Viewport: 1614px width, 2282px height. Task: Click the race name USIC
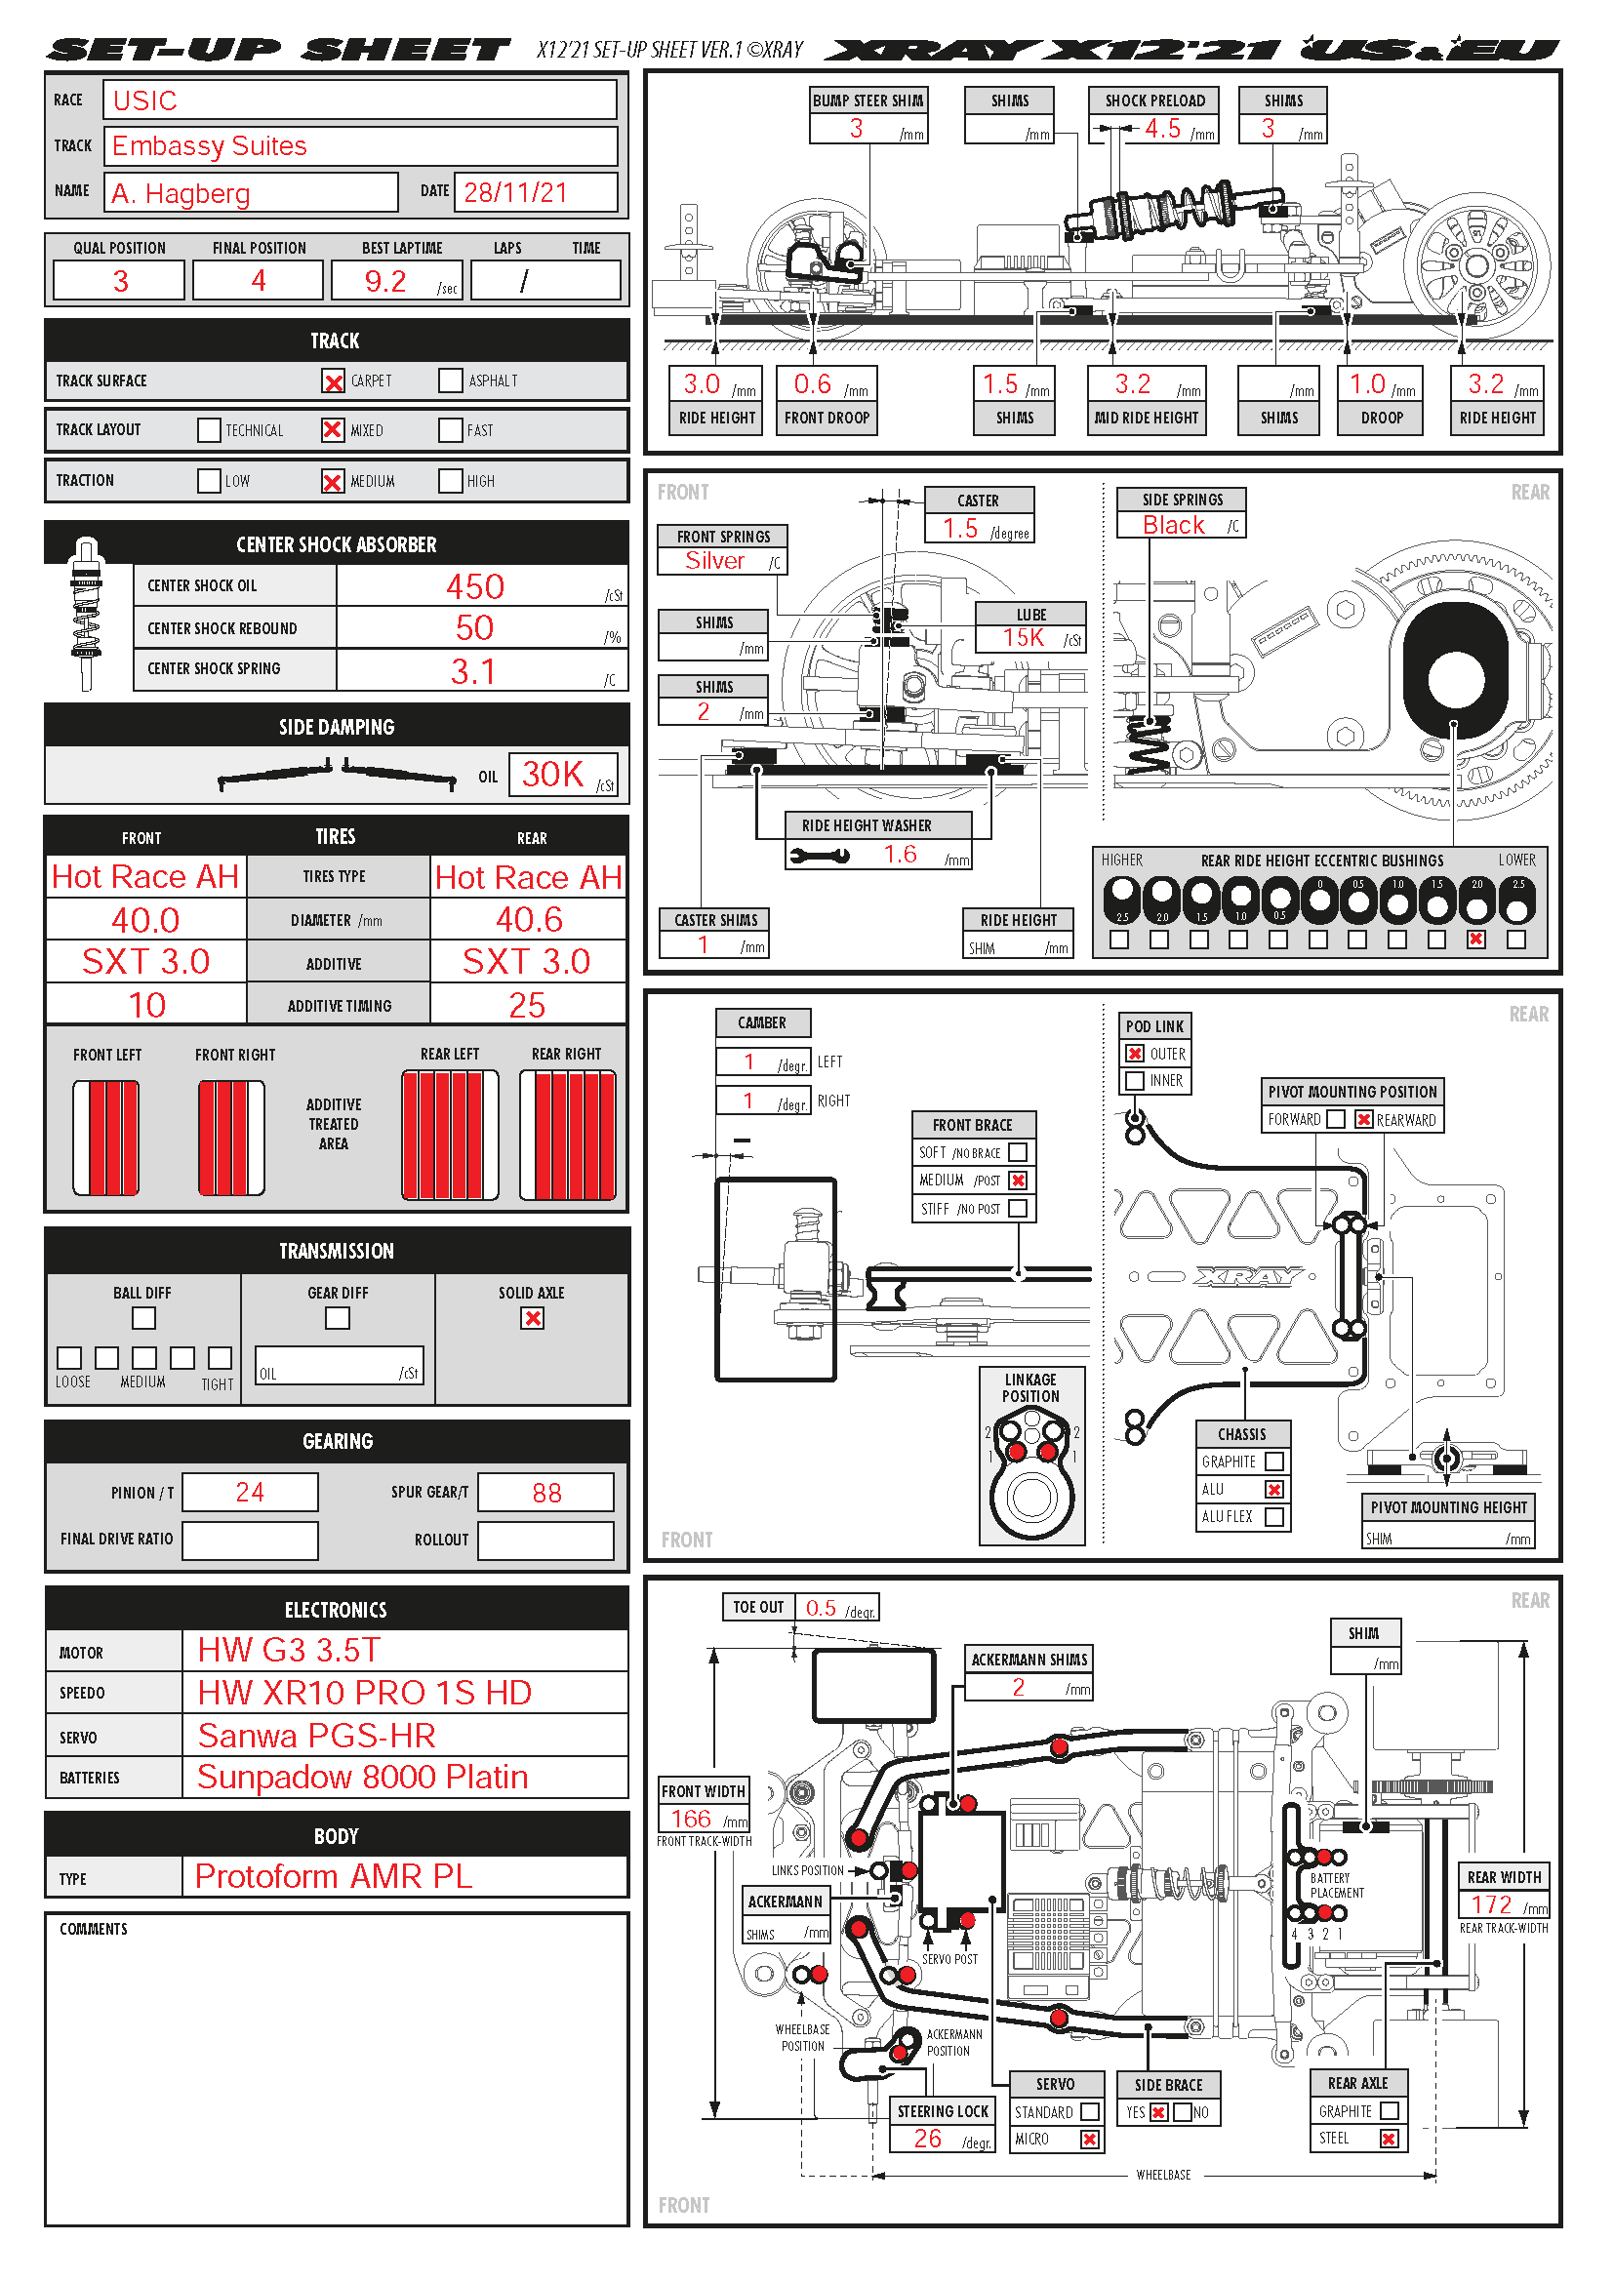tap(145, 100)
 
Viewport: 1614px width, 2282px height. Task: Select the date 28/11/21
tap(515, 192)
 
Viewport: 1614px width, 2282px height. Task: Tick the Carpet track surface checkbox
tap(333, 381)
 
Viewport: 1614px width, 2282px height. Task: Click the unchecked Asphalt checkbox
tap(450, 380)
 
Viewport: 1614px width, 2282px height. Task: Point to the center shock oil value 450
tap(474, 586)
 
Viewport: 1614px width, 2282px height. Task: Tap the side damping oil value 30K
tap(552, 775)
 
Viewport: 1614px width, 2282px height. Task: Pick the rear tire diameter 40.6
tap(529, 919)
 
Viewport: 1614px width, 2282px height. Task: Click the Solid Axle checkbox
tap(533, 1318)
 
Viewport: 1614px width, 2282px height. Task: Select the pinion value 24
tap(250, 1492)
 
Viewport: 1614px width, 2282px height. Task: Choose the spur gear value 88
tap(546, 1493)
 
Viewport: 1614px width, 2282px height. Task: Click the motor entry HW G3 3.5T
tap(288, 1650)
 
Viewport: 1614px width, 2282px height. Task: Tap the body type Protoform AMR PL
tap(333, 1876)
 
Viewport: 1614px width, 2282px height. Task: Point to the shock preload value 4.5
tap(1162, 129)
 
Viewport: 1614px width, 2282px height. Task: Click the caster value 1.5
tap(960, 529)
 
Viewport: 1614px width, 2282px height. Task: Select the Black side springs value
tap(1173, 526)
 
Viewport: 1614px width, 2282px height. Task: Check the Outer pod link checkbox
tap(1135, 1054)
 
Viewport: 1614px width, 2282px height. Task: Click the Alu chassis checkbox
tap(1274, 1489)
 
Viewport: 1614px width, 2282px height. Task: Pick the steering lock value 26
tap(927, 2138)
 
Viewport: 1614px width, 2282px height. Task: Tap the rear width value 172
tap(1491, 1904)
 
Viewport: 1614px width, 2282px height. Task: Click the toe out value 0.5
tap(820, 1608)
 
